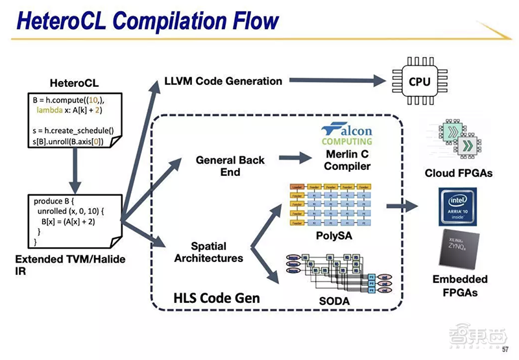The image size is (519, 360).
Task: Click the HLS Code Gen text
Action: pos(217,298)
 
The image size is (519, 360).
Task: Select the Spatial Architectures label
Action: pos(217,252)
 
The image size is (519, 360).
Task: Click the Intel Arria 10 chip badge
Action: pos(457,206)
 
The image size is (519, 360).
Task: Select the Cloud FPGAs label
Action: pos(457,173)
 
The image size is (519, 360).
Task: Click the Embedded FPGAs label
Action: pos(457,285)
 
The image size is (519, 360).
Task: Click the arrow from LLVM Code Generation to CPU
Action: pos(337,80)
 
